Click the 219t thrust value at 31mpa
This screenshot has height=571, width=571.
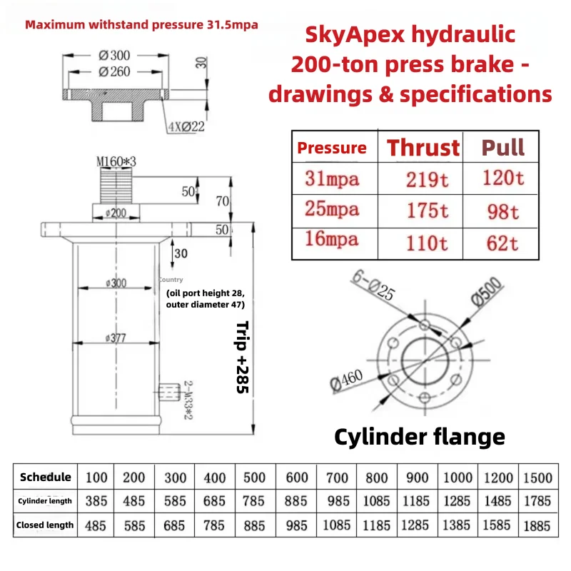coord(427,179)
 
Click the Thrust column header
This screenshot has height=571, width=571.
coord(423,148)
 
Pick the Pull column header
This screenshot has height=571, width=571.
coord(502,148)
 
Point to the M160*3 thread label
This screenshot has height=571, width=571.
coord(115,163)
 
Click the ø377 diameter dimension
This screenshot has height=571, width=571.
coord(114,338)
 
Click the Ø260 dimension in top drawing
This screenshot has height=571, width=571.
coord(116,71)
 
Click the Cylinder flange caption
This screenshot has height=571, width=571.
coord(420,436)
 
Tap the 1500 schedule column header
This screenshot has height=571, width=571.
coord(537,477)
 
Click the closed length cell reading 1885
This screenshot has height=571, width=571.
coord(537,525)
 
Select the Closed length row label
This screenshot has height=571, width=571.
coord(46,525)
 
